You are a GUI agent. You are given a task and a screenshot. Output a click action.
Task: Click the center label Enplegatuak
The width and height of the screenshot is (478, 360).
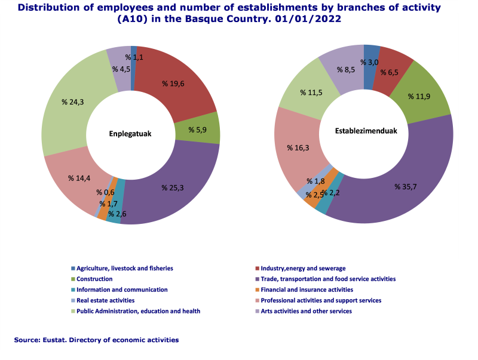tap(130, 134)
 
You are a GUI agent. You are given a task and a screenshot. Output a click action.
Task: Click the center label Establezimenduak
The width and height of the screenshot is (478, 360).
tap(363, 131)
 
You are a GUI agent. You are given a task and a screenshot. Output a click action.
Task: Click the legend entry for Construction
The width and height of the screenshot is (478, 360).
tap(95, 279)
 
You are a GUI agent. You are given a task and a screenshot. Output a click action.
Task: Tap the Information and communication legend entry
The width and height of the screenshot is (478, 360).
tap(122, 290)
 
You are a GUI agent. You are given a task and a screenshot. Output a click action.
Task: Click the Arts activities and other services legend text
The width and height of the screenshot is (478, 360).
tap(306, 311)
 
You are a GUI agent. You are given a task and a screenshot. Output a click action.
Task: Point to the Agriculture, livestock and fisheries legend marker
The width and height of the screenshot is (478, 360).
tap(73, 268)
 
